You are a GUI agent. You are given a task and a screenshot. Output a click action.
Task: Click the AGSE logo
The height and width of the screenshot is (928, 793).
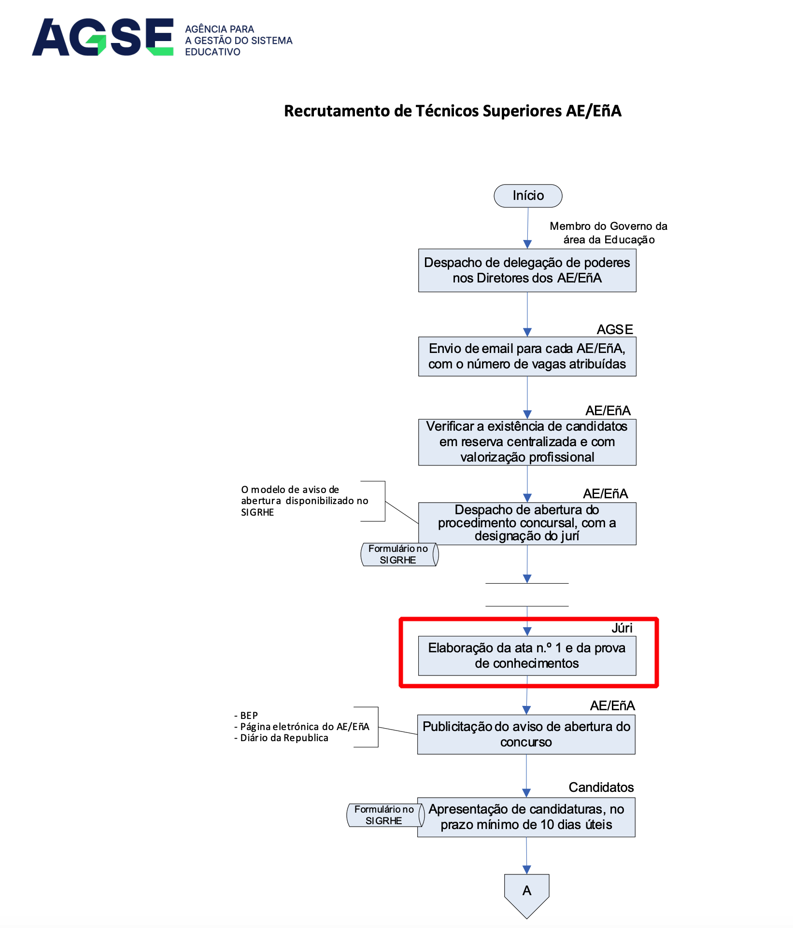click(102, 37)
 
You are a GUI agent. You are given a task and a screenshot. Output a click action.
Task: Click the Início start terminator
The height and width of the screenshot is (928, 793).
click(528, 196)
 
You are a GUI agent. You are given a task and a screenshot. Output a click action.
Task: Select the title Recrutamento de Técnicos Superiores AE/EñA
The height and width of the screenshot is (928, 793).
click(452, 111)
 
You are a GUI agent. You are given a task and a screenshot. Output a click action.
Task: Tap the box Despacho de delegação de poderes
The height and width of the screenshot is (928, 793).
click(527, 270)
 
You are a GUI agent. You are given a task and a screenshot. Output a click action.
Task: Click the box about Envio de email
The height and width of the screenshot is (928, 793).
click(527, 356)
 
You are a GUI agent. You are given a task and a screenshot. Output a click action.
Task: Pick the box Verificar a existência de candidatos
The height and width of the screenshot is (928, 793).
click(527, 442)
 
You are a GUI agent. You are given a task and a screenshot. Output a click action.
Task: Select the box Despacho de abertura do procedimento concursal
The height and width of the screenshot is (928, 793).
click(527, 523)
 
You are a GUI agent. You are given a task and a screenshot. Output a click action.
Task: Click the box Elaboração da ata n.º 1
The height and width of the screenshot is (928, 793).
click(527, 656)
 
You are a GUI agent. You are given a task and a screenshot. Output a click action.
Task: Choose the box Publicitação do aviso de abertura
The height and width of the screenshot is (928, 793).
click(526, 734)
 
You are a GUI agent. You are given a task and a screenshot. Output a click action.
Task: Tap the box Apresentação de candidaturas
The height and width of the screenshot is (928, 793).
click(526, 817)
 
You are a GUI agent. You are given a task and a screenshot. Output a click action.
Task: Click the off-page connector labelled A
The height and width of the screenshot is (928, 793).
click(526, 891)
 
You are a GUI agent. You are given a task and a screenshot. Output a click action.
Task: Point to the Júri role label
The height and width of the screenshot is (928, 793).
click(622, 628)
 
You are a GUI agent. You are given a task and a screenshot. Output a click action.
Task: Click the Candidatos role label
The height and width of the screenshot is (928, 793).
click(601, 787)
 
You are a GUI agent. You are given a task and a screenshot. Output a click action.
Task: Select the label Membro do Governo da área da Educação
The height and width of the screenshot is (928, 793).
click(609, 233)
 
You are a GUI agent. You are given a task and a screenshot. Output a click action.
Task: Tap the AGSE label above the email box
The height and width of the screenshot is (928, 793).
click(614, 329)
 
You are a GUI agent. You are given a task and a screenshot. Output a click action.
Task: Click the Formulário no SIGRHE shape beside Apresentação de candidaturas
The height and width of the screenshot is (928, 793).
click(384, 815)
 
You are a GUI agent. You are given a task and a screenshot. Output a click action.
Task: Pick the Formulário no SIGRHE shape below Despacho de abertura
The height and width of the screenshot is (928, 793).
click(398, 554)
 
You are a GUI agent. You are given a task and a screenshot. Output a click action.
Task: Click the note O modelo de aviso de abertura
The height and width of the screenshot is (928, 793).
click(304, 501)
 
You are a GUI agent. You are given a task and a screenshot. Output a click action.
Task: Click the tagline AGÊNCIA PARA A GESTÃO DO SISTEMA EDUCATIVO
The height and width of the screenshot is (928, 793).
click(239, 41)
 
